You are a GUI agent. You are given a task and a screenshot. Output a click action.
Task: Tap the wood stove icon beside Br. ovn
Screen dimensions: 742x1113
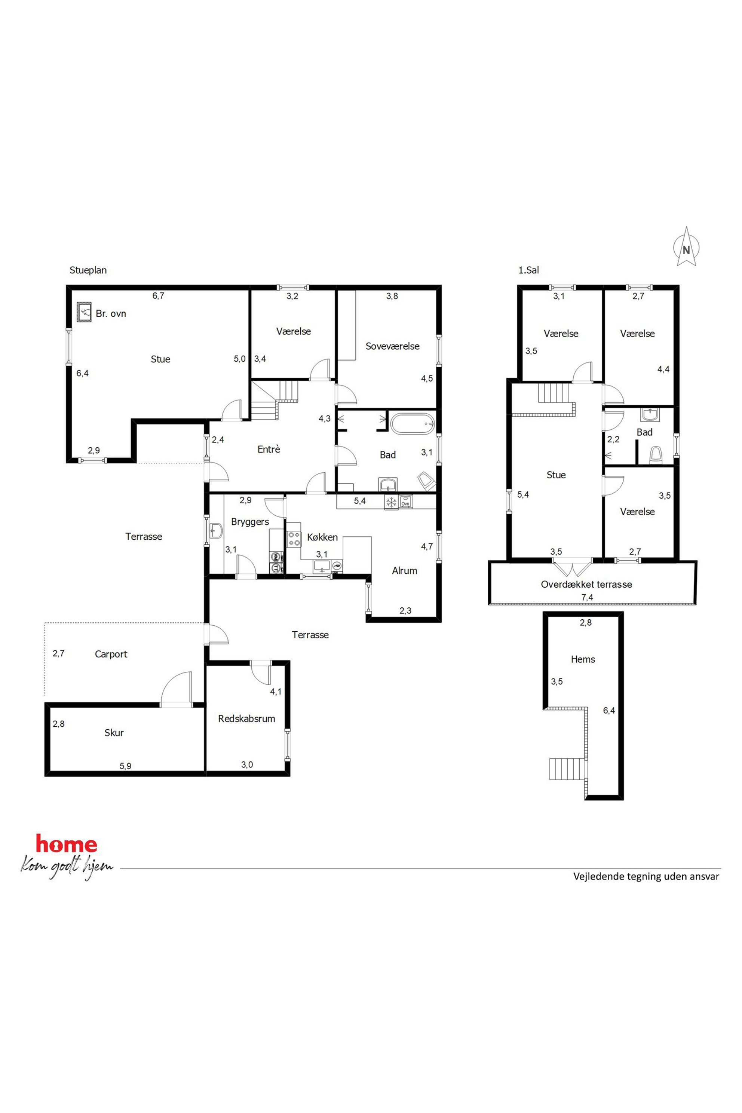(x=84, y=312)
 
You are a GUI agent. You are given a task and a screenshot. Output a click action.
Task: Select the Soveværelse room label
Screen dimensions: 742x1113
(x=392, y=346)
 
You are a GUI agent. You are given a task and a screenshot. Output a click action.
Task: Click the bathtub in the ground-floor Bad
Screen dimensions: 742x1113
(x=412, y=423)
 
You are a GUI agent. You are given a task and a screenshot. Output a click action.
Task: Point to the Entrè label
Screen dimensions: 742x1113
(x=269, y=449)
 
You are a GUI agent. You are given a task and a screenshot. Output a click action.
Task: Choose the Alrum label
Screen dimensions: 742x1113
(x=405, y=571)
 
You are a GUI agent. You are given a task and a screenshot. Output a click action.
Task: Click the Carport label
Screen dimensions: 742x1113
(x=111, y=654)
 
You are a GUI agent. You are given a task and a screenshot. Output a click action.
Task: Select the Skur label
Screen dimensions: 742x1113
(x=114, y=733)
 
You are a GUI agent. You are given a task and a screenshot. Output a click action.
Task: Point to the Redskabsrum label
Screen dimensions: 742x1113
(x=246, y=718)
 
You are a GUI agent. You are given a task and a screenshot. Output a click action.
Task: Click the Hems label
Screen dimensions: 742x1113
(x=583, y=659)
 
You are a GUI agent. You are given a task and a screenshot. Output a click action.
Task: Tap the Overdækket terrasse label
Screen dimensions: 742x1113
(x=587, y=585)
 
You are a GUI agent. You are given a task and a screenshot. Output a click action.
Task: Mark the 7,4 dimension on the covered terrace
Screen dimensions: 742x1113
(x=587, y=597)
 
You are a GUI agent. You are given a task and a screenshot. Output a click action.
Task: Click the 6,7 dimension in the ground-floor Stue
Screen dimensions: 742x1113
(x=158, y=296)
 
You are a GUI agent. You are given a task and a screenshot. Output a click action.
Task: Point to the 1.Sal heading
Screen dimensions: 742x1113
(x=528, y=270)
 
